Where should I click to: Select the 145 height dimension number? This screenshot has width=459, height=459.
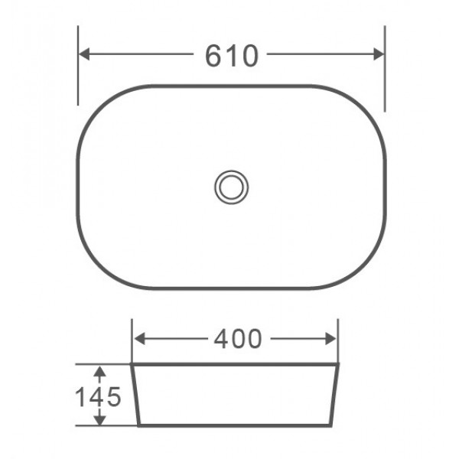(x=98, y=396)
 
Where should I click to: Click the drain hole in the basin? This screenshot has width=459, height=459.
(x=231, y=186)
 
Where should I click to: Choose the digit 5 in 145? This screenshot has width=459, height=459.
(x=113, y=396)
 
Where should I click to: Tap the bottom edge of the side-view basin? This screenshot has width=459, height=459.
(x=236, y=425)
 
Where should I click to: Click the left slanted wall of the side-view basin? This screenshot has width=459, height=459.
(x=135, y=394)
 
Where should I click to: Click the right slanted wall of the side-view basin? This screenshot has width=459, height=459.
(x=336, y=394)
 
